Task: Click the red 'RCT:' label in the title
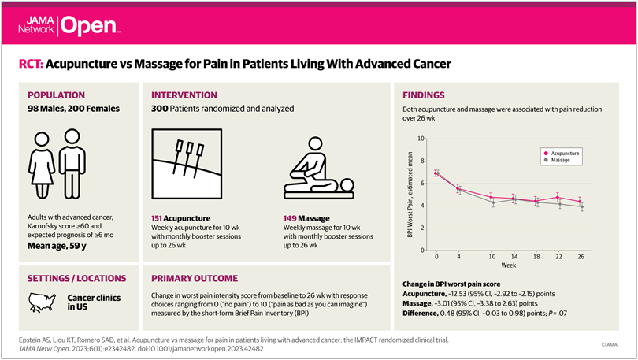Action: [x=33, y=62]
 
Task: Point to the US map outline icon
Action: [x=43, y=300]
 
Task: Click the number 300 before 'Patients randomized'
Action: [x=161, y=108]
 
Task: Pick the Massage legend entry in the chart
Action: [x=557, y=161]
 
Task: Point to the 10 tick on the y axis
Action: [x=421, y=139]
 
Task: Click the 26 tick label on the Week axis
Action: [x=580, y=257]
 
